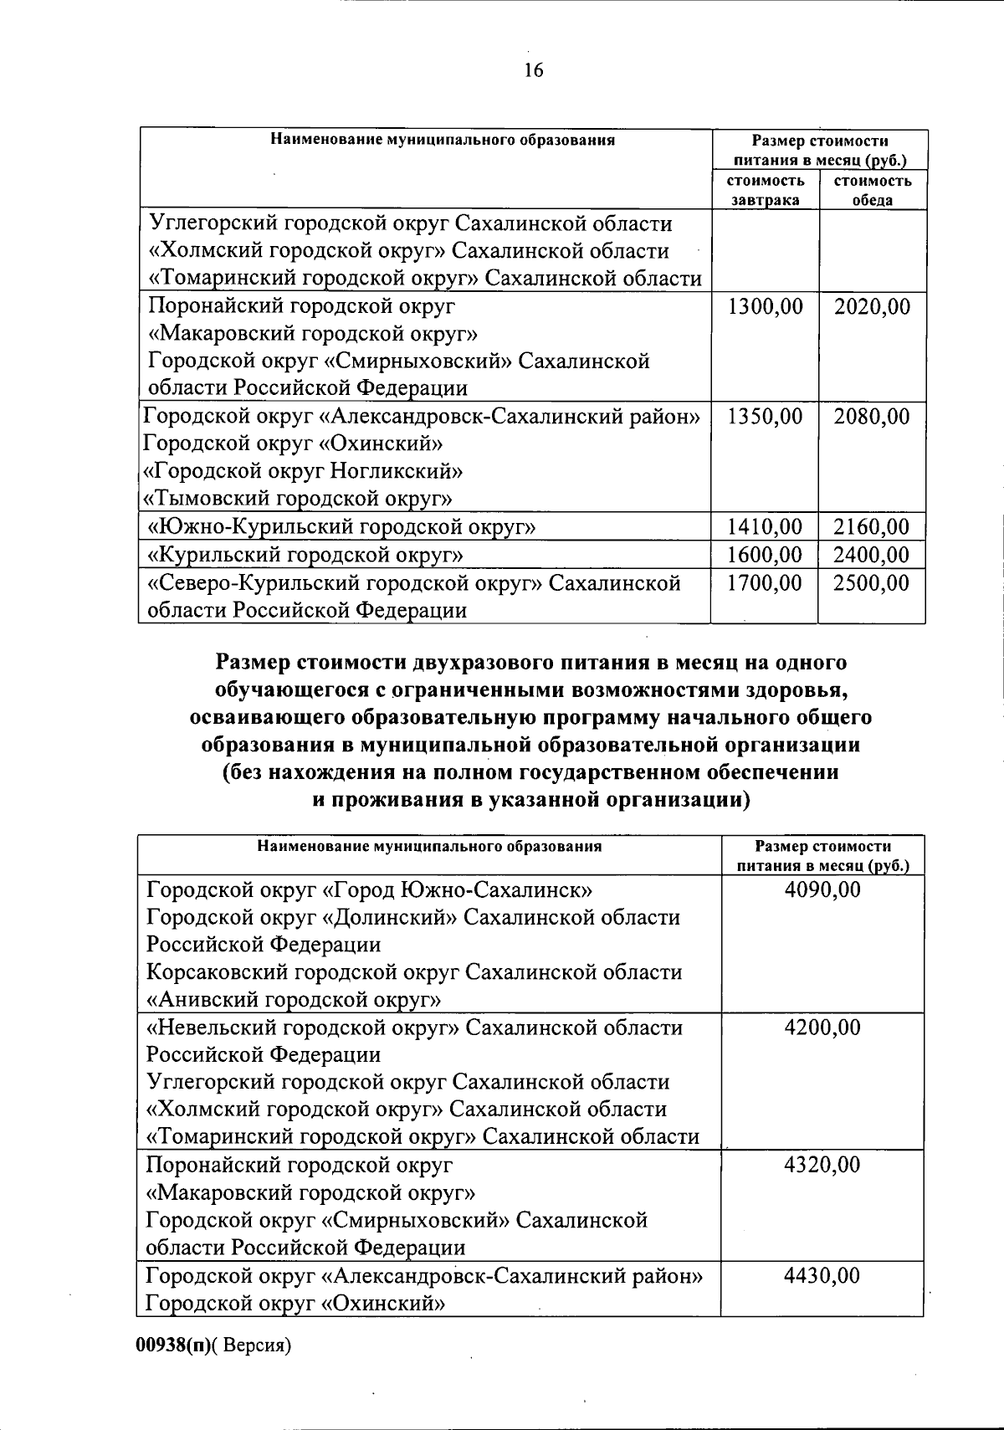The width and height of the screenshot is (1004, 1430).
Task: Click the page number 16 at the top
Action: tap(534, 70)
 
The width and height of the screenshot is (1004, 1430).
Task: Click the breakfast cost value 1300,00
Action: tap(765, 307)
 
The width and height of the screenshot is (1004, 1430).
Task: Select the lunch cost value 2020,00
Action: tap(872, 307)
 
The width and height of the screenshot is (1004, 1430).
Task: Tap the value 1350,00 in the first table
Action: tap(765, 417)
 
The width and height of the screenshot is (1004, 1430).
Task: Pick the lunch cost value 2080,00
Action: tap(872, 417)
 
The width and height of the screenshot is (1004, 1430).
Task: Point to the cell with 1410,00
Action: tap(765, 527)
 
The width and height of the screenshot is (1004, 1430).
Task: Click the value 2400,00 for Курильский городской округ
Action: tap(872, 555)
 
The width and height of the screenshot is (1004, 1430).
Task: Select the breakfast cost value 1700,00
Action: tap(765, 582)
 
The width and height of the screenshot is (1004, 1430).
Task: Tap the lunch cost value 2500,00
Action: tap(872, 582)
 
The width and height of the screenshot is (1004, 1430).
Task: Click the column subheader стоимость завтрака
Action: tap(765, 190)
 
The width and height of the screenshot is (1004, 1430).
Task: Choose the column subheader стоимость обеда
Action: tap(873, 190)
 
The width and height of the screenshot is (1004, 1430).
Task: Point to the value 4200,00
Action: tap(822, 1028)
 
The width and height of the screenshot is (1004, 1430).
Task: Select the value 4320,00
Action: tap(822, 1165)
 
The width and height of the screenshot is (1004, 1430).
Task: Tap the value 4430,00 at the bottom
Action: tap(822, 1276)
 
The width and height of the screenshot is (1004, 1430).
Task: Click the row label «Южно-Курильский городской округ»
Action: tap(341, 527)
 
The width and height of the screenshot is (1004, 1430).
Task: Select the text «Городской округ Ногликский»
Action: tap(303, 472)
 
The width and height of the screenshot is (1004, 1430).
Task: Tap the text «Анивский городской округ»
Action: tap(294, 1000)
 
